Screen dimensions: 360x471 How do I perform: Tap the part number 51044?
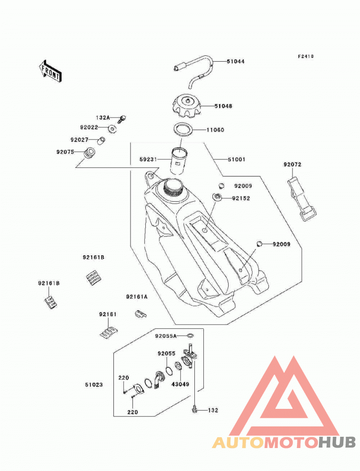coord(235,62)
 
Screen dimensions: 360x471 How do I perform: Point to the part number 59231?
coord(148,159)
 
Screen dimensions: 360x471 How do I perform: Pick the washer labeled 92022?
coord(112,129)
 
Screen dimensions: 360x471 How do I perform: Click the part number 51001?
coord(236,159)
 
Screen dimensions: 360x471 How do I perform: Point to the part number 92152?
coord(241,198)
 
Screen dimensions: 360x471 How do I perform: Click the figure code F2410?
coord(306,56)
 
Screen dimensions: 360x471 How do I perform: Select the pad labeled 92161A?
coord(140,314)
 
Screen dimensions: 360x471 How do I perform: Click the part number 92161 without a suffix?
coord(108,314)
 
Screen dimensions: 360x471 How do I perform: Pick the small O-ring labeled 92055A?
coord(190,335)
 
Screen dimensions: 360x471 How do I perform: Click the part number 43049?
coord(180,384)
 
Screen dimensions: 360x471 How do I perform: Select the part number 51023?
coord(94,385)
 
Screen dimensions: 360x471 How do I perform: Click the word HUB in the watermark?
coord(336,442)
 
